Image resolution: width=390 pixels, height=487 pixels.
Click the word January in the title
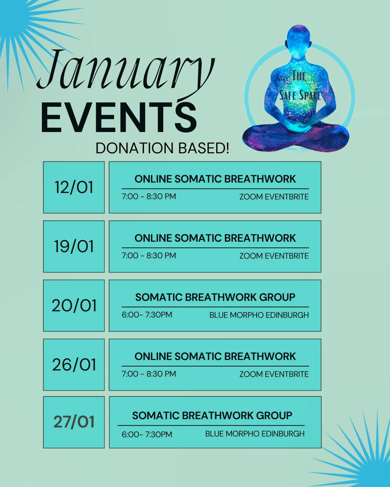tap(125, 73)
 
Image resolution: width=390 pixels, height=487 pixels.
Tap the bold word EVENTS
tap(119, 117)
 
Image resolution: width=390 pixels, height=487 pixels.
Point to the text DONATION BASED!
tap(162, 148)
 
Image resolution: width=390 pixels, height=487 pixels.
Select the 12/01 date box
tap(74, 187)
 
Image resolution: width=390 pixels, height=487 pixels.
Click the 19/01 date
tap(74, 246)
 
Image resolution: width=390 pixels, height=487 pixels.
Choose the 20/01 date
tap(74, 306)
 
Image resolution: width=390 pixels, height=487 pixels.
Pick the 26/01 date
tap(74, 365)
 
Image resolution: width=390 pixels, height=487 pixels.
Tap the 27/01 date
tap(74, 422)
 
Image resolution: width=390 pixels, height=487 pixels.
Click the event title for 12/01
tap(215, 179)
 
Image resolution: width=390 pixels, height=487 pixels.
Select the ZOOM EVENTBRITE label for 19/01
tap(274, 256)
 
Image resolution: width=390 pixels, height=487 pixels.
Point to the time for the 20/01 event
tap(147, 315)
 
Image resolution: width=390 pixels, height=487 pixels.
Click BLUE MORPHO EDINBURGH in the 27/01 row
tap(255, 434)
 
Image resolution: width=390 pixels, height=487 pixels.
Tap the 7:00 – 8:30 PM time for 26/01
tap(149, 374)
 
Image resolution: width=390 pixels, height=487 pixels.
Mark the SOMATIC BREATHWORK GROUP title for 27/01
tap(212, 416)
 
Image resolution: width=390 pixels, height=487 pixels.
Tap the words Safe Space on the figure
tap(300, 95)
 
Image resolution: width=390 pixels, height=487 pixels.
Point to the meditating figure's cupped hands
tap(299, 127)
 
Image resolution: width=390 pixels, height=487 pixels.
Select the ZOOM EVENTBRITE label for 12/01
tap(274, 197)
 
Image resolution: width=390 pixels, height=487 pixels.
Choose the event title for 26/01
tap(215, 356)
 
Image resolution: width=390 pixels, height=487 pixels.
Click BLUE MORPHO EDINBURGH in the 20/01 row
tap(259, 315)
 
